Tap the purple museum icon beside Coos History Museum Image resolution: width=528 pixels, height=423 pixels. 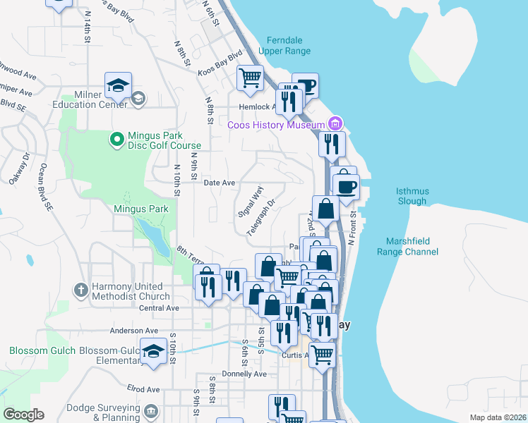click(x=335, y=124)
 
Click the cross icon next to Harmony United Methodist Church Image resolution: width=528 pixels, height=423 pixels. click(x=82, y=290)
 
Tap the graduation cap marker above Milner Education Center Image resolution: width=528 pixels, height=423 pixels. click(x=117, y=87)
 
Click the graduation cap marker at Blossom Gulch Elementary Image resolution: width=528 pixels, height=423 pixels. click(x=153, y=350)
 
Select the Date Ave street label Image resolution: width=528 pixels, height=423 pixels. click(x=219, y=183)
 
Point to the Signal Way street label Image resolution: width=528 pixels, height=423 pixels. click(x=250, y=202)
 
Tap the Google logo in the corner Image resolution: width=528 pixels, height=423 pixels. click(x=23, y=415)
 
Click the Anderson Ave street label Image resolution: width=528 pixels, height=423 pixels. click(x=133, y=330)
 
